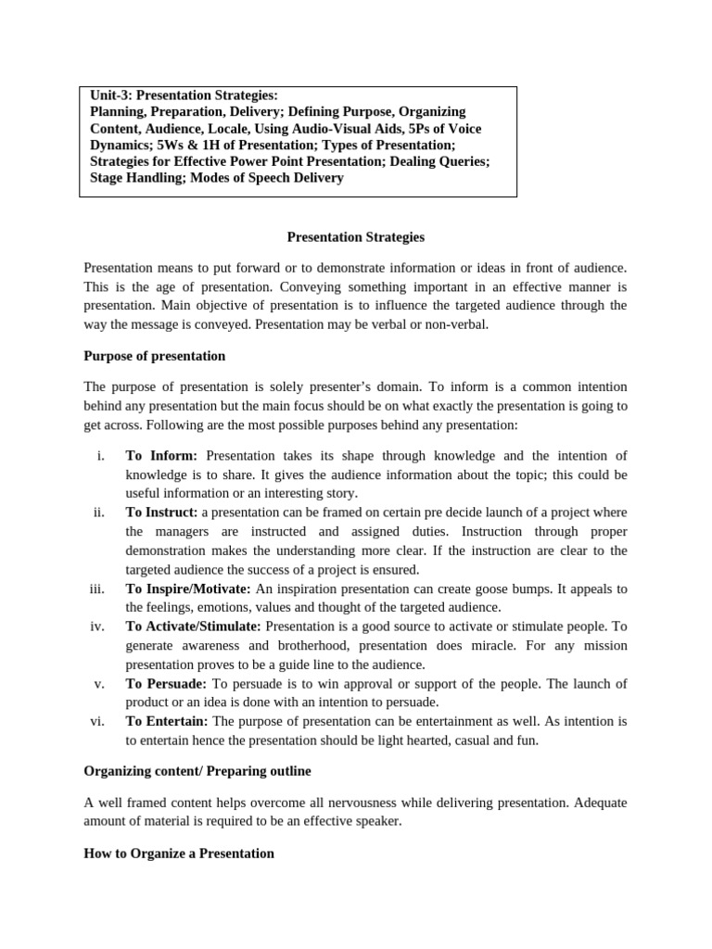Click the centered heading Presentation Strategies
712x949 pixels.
(x=355, y=237)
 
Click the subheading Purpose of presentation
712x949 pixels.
(x=154, y=356)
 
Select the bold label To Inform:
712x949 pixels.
(x=161, y=455)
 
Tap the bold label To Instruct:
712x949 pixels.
(x=162, y=512)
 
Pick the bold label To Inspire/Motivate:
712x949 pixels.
(x=188, y=588)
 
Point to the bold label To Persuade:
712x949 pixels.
(x=166, y=683)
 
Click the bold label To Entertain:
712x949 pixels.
(x=168, y=721)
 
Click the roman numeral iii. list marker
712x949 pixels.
(x=97, y=588)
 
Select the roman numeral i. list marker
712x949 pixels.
(x=99, y=455)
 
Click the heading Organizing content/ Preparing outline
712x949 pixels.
(x=197, y=770)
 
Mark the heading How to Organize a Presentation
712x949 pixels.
(x=179, y=853)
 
